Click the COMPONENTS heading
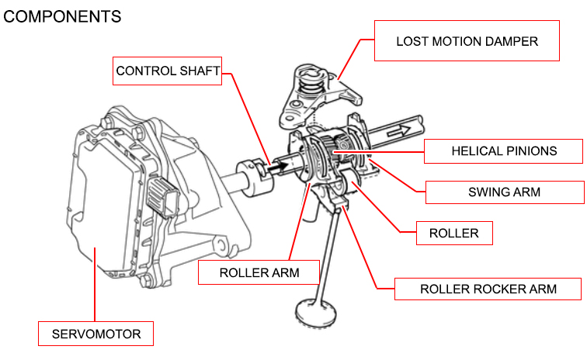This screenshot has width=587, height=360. tap(63, 16)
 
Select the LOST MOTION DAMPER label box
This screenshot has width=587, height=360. tap(466, 40)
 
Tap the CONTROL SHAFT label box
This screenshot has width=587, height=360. tap(167, 71)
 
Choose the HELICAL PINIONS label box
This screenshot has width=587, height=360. tap(504, 151)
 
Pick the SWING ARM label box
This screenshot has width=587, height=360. tap(504, 192)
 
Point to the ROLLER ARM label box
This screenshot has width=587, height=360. tap(259, 272)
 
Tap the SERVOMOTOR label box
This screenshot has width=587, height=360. tap(96, 334)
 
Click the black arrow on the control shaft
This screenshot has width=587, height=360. tap(276, 165)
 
